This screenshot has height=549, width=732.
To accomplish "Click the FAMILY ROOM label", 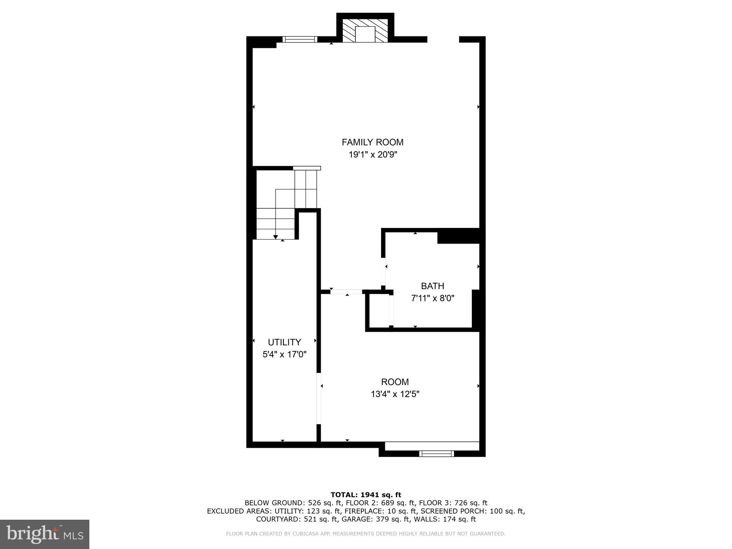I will pyautogui.click(x=372, y=142).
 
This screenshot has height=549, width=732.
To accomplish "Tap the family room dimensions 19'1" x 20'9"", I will pyautogui.click(x=373, y=155).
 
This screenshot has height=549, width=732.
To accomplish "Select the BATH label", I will pyautogui.click(x=432, y=286).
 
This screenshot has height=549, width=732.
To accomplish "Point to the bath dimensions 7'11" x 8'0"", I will pyautogui.click(x=432, y=298).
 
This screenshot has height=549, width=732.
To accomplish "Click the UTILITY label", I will pyautogui.click(x=284, y=342).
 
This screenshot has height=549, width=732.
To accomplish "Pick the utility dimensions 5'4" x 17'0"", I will pyautogui.click(x=284, y=355).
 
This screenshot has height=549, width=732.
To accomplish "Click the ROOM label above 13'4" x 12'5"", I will pyautogui.click(x=395, y=382).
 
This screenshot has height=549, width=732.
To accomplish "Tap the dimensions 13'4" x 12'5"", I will pyautogui.click(x=395, y=394).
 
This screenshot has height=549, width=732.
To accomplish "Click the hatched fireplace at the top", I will pyautogui.click(x=365, y=31).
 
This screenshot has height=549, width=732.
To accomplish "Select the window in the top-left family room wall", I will pyautogui.click(x=300, y=39).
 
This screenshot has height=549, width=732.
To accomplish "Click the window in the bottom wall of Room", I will pyautogui.click(x=436, y=454).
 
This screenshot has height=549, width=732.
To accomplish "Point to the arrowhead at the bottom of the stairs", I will pyautogui.click(x=276, y=237).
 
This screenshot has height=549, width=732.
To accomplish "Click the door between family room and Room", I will pyautogui.click(x=346, y=292).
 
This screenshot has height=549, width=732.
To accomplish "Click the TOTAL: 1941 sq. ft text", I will pyautogui.click(x=366, y=495).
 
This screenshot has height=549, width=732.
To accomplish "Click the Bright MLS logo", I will pyautogui.click(x=45, y=534).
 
